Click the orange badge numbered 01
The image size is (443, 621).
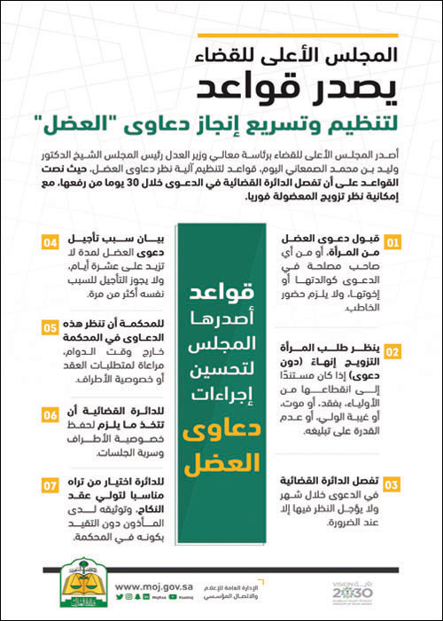pyautogui.click(x=391, y=240)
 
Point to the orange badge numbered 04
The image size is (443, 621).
pyautogui.click(x=50, y=240)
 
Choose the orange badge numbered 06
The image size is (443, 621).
pyautogui.click(x=50, y=413)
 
